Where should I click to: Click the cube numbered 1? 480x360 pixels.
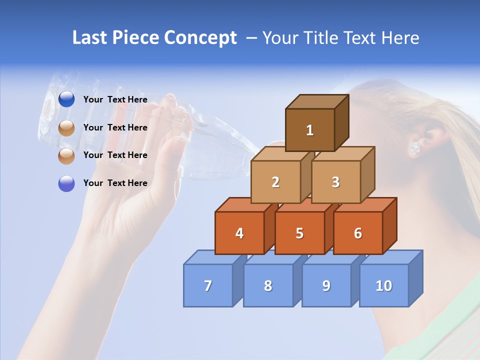click(310, 130)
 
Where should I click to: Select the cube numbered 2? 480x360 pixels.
click(275, 182)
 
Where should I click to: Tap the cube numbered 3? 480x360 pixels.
click(335, 182)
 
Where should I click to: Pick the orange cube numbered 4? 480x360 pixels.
click(239, 233)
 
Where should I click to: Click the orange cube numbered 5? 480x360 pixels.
click(299, 233)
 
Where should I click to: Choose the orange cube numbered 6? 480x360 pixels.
click(357, 233)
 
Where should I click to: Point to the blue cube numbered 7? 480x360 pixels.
click(208, 285)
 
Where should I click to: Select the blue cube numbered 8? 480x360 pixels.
click(268, 285)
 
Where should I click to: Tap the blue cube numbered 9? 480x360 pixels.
click(326, 285)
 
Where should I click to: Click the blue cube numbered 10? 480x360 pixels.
click(383, 285)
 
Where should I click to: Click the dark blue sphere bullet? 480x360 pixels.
click(66, 99)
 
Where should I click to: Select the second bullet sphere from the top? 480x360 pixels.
click(66, 127)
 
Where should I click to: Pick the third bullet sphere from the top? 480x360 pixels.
click(66, 155)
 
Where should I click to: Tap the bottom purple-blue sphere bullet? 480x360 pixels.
click(66, 183)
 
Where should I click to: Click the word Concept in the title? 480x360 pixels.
click(200, 38)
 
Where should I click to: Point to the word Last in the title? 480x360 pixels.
click(90, 38)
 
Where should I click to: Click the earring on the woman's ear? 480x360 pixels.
click(414, 147)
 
